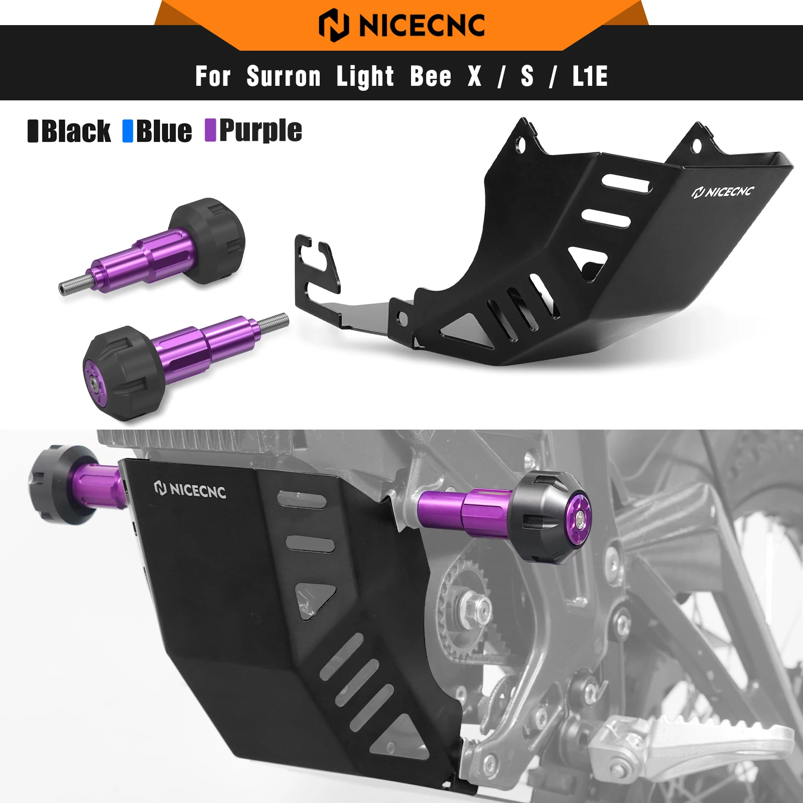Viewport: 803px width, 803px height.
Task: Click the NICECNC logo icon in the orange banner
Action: pyautogui.click(x=334, y=25)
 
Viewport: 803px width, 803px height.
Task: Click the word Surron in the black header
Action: pyautogui.click(x=284, y=77)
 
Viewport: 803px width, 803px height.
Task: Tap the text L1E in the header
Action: pyautogui.click(x=590, y=77)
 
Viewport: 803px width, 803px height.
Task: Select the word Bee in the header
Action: pyautogui.click(x=431, y=77)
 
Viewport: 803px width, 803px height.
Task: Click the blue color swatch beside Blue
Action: pyautogui.click(x=128, y=131)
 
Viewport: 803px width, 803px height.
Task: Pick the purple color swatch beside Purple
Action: pyautogui.click(x=210, y=130)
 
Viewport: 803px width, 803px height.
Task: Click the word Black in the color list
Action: pyautogui.click(x=76, y=131)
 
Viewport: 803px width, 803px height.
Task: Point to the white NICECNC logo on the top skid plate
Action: pyautogui.click(x=723, y=192)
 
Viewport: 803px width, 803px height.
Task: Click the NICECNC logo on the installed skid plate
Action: pyautogui.click(x=190, y=489)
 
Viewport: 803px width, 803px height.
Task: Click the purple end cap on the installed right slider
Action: pyautogui.click(x=578, y=519)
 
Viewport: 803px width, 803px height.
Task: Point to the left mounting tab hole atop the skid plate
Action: pyautogui.click(x=521, y=144)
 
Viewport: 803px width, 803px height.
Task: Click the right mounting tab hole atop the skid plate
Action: pyautogui.click(x=696, y=146)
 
